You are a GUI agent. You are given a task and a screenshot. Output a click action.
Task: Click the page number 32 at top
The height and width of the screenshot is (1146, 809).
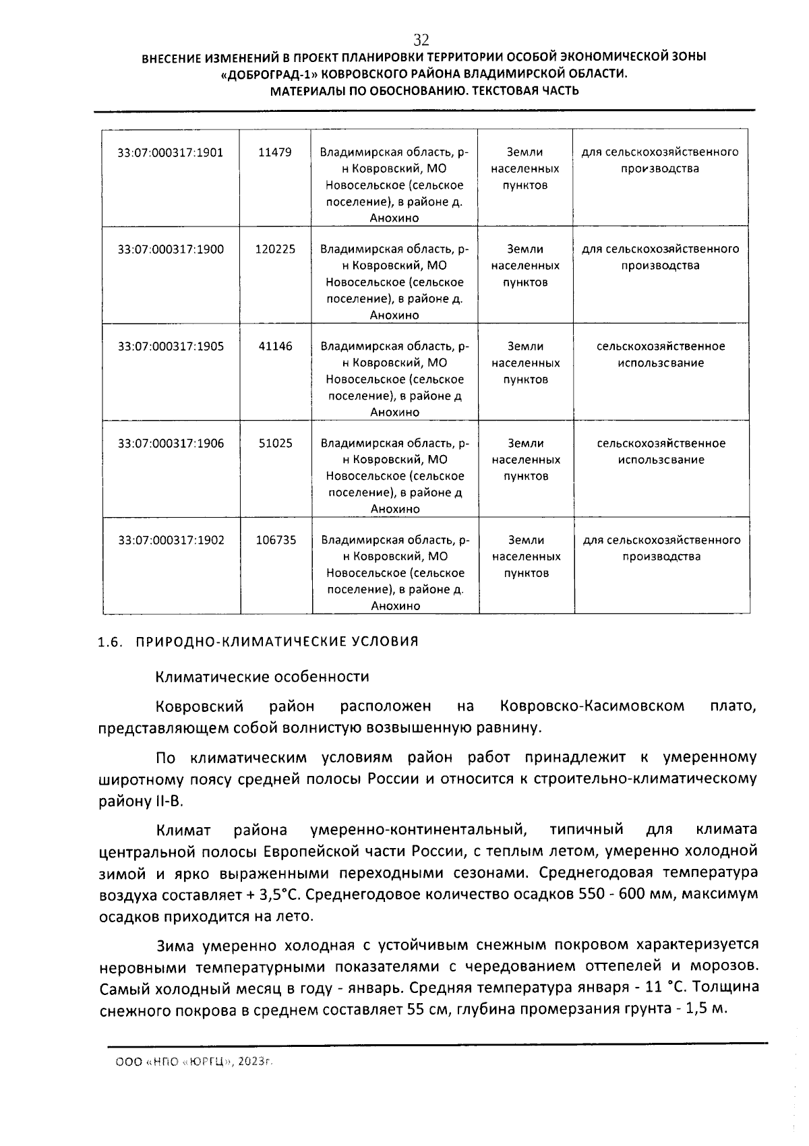pos(421,39)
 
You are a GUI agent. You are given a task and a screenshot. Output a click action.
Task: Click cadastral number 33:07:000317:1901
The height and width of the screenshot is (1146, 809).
pos(171,152)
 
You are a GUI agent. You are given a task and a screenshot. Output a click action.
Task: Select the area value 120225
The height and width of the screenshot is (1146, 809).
pos(275,249)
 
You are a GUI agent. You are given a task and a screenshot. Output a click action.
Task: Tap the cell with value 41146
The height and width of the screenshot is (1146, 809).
pos(276,346)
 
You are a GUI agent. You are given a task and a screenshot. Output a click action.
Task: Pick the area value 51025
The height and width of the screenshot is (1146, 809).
pos(276,444)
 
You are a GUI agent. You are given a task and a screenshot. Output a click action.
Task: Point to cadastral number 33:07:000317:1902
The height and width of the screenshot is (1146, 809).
pos(171,540)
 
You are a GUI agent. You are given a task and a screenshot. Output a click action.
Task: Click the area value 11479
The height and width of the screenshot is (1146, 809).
pos(275,152)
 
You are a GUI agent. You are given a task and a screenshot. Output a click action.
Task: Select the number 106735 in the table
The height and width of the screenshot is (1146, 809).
pos(276,540)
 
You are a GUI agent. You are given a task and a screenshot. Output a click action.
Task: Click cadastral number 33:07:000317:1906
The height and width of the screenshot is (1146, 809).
pos(171,444)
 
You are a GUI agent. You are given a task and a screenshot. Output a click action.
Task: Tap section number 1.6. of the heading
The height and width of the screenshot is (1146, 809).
pos(110,642)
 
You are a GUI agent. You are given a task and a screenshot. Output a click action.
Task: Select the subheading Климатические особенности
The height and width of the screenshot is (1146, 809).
pos(262,676)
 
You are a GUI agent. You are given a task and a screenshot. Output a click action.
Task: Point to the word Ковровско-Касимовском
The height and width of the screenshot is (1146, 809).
pos(592,706)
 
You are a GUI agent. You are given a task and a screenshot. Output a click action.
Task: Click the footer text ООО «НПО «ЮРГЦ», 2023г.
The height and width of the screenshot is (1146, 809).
pos(194,1061)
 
